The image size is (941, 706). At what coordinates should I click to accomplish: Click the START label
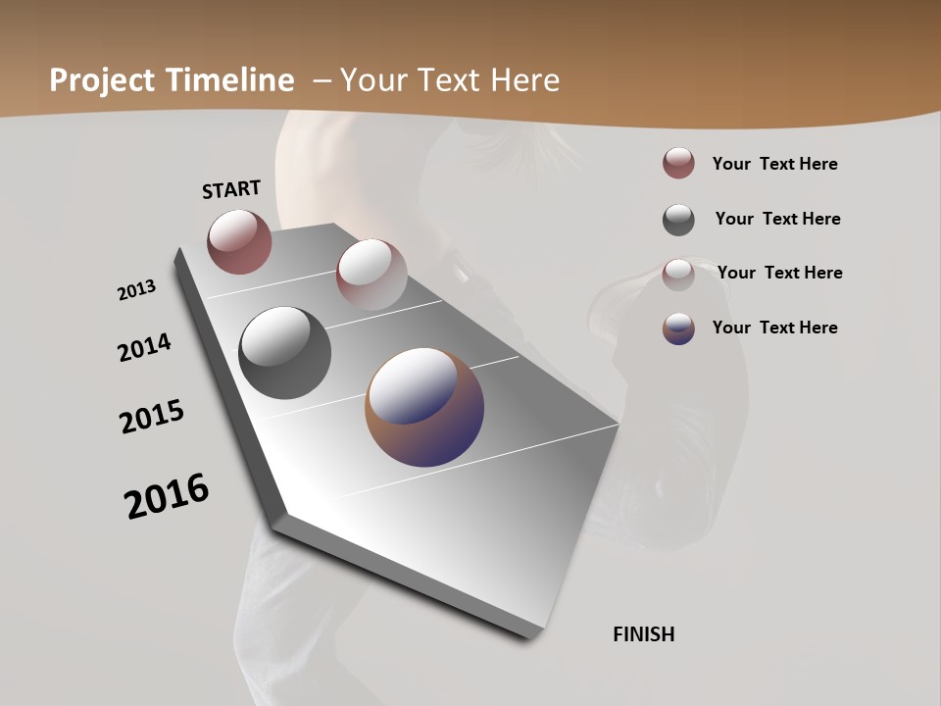point(231,188)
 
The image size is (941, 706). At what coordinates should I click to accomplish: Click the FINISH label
point(643,634)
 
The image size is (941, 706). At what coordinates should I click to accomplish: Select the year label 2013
point(137,290)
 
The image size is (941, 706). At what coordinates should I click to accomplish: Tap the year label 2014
point(145,347)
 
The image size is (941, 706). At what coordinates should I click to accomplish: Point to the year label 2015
point(152,416)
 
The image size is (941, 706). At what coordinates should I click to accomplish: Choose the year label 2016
point(167,495)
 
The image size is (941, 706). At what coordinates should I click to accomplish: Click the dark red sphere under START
point(239,241)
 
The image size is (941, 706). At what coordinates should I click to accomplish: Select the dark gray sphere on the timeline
point(284,352)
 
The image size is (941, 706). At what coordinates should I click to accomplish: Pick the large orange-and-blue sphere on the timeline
point(424,406)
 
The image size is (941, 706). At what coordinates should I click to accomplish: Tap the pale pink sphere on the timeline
point(371,274)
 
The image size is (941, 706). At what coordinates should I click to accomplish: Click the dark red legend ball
point(678,164)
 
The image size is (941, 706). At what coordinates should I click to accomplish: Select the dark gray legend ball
point(678,220)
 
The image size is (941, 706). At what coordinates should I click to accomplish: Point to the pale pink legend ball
point(678,275)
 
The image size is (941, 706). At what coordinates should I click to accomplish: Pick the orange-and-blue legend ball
point(678,328)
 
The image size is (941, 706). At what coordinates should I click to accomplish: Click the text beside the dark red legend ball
point(774,164)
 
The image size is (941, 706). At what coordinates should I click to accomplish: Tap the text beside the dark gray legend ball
point(777,219)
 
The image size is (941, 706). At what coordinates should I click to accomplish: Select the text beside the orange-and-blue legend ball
point(774,328)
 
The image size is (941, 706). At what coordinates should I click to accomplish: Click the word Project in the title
point(103,80)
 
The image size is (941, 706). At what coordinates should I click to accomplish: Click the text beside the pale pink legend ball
point(779,273)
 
